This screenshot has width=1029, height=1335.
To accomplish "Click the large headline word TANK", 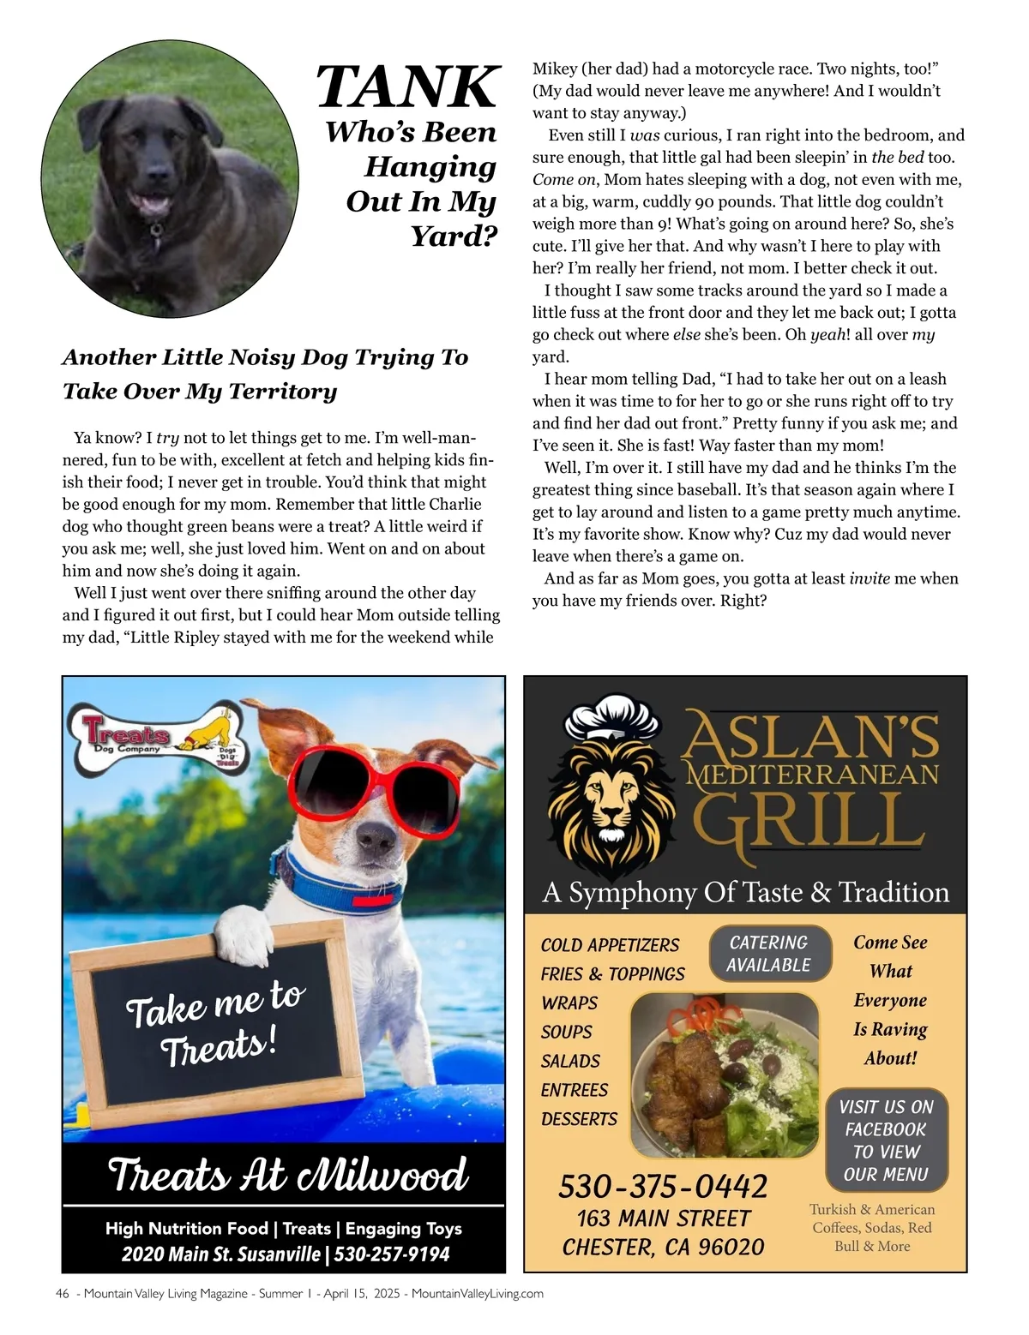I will point(407,87).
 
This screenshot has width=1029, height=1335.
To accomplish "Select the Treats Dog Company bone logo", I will point(159,736).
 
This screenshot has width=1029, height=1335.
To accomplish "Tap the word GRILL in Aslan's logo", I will point(809,823).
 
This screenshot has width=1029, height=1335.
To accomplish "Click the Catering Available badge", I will point(769,954).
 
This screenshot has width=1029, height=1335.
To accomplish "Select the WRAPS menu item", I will point(569,1003).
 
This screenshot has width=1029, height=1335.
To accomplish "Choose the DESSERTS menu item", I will point(579,1119).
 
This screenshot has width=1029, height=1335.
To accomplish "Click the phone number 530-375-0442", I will point(663,1187).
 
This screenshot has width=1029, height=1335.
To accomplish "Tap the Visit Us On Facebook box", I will point(886,1140).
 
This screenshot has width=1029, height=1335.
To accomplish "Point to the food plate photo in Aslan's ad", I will point(723,1075).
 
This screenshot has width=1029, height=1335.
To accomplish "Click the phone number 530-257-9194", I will point(392,1254).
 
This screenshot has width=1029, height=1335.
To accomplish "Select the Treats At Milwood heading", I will point(287,1175).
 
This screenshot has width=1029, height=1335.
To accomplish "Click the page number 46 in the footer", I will point(62,1294).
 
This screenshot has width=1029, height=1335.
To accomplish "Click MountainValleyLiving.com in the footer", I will point(478,1294).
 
